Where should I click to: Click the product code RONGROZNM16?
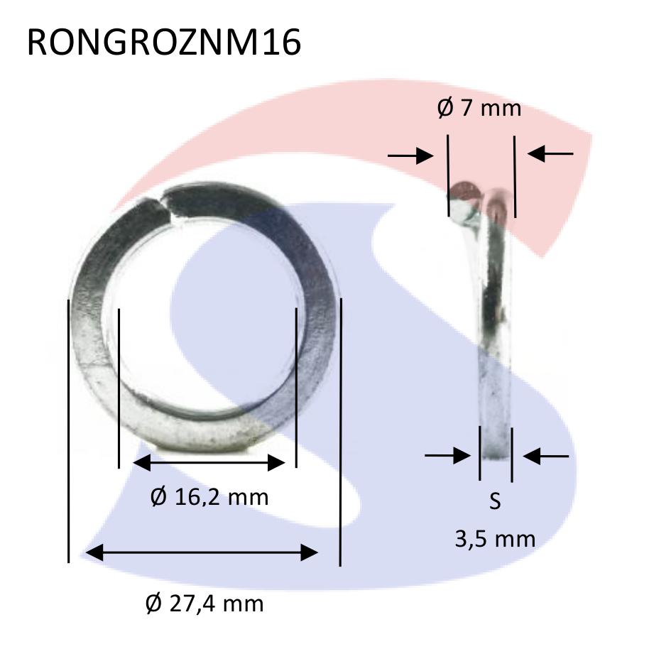coord(163,43)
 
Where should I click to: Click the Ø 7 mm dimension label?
coord(479,108)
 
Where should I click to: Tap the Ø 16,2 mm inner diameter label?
coord(209,496)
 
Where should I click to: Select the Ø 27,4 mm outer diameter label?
coord(204,604)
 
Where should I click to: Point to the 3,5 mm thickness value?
coord(495,538)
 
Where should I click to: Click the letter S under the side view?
coord(495,501)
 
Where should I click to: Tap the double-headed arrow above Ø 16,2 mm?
coord(209,463)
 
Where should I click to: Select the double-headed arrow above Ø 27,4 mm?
coord(202,552)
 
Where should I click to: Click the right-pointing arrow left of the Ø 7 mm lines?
coord(411,156)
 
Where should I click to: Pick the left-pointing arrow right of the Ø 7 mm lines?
coord(550,153)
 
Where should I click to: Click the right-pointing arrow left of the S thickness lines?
coord(447,455)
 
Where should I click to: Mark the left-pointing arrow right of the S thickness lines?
coord(545,456)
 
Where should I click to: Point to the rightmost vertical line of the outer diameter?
coord(341,432)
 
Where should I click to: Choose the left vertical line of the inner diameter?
coord(119,388)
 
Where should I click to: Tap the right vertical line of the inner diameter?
coord(295,388)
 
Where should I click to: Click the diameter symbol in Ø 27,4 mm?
coord(153,604)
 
